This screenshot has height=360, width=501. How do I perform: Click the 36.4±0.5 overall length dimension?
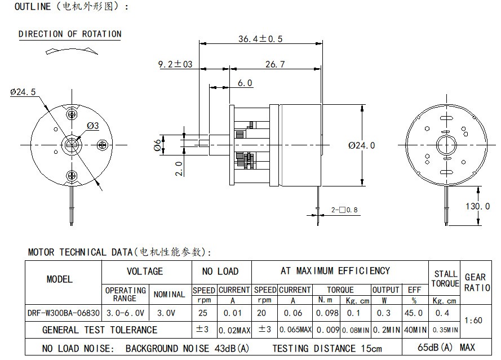(260, 39)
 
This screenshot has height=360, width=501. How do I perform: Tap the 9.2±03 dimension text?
(175, 64)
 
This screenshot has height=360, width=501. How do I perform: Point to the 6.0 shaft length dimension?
(245, 83)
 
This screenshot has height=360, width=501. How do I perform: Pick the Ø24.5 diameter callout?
(23, 92)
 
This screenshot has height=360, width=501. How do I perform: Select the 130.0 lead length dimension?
(477, 206)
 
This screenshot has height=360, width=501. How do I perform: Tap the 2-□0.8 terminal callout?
(344, 210)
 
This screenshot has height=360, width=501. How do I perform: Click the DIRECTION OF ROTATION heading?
(70, 34)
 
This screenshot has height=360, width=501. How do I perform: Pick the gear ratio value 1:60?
(475, 321)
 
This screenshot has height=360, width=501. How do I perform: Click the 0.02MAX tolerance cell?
(233, 330)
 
